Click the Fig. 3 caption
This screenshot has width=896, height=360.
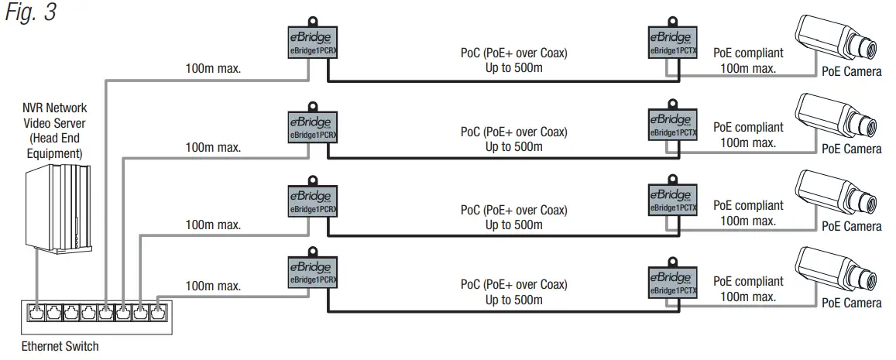click(31, 13)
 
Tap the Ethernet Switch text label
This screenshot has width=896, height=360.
click(60, 346)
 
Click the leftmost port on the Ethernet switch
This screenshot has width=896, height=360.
click(36, 314)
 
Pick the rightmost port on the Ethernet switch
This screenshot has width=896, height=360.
click(157, 314)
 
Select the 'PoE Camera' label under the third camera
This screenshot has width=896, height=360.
click(852, 226)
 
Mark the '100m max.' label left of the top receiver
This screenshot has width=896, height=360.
click(213, 68)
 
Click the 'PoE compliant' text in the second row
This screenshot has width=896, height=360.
click(748, 127)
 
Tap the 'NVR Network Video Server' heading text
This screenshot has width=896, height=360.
click(53, 115)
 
